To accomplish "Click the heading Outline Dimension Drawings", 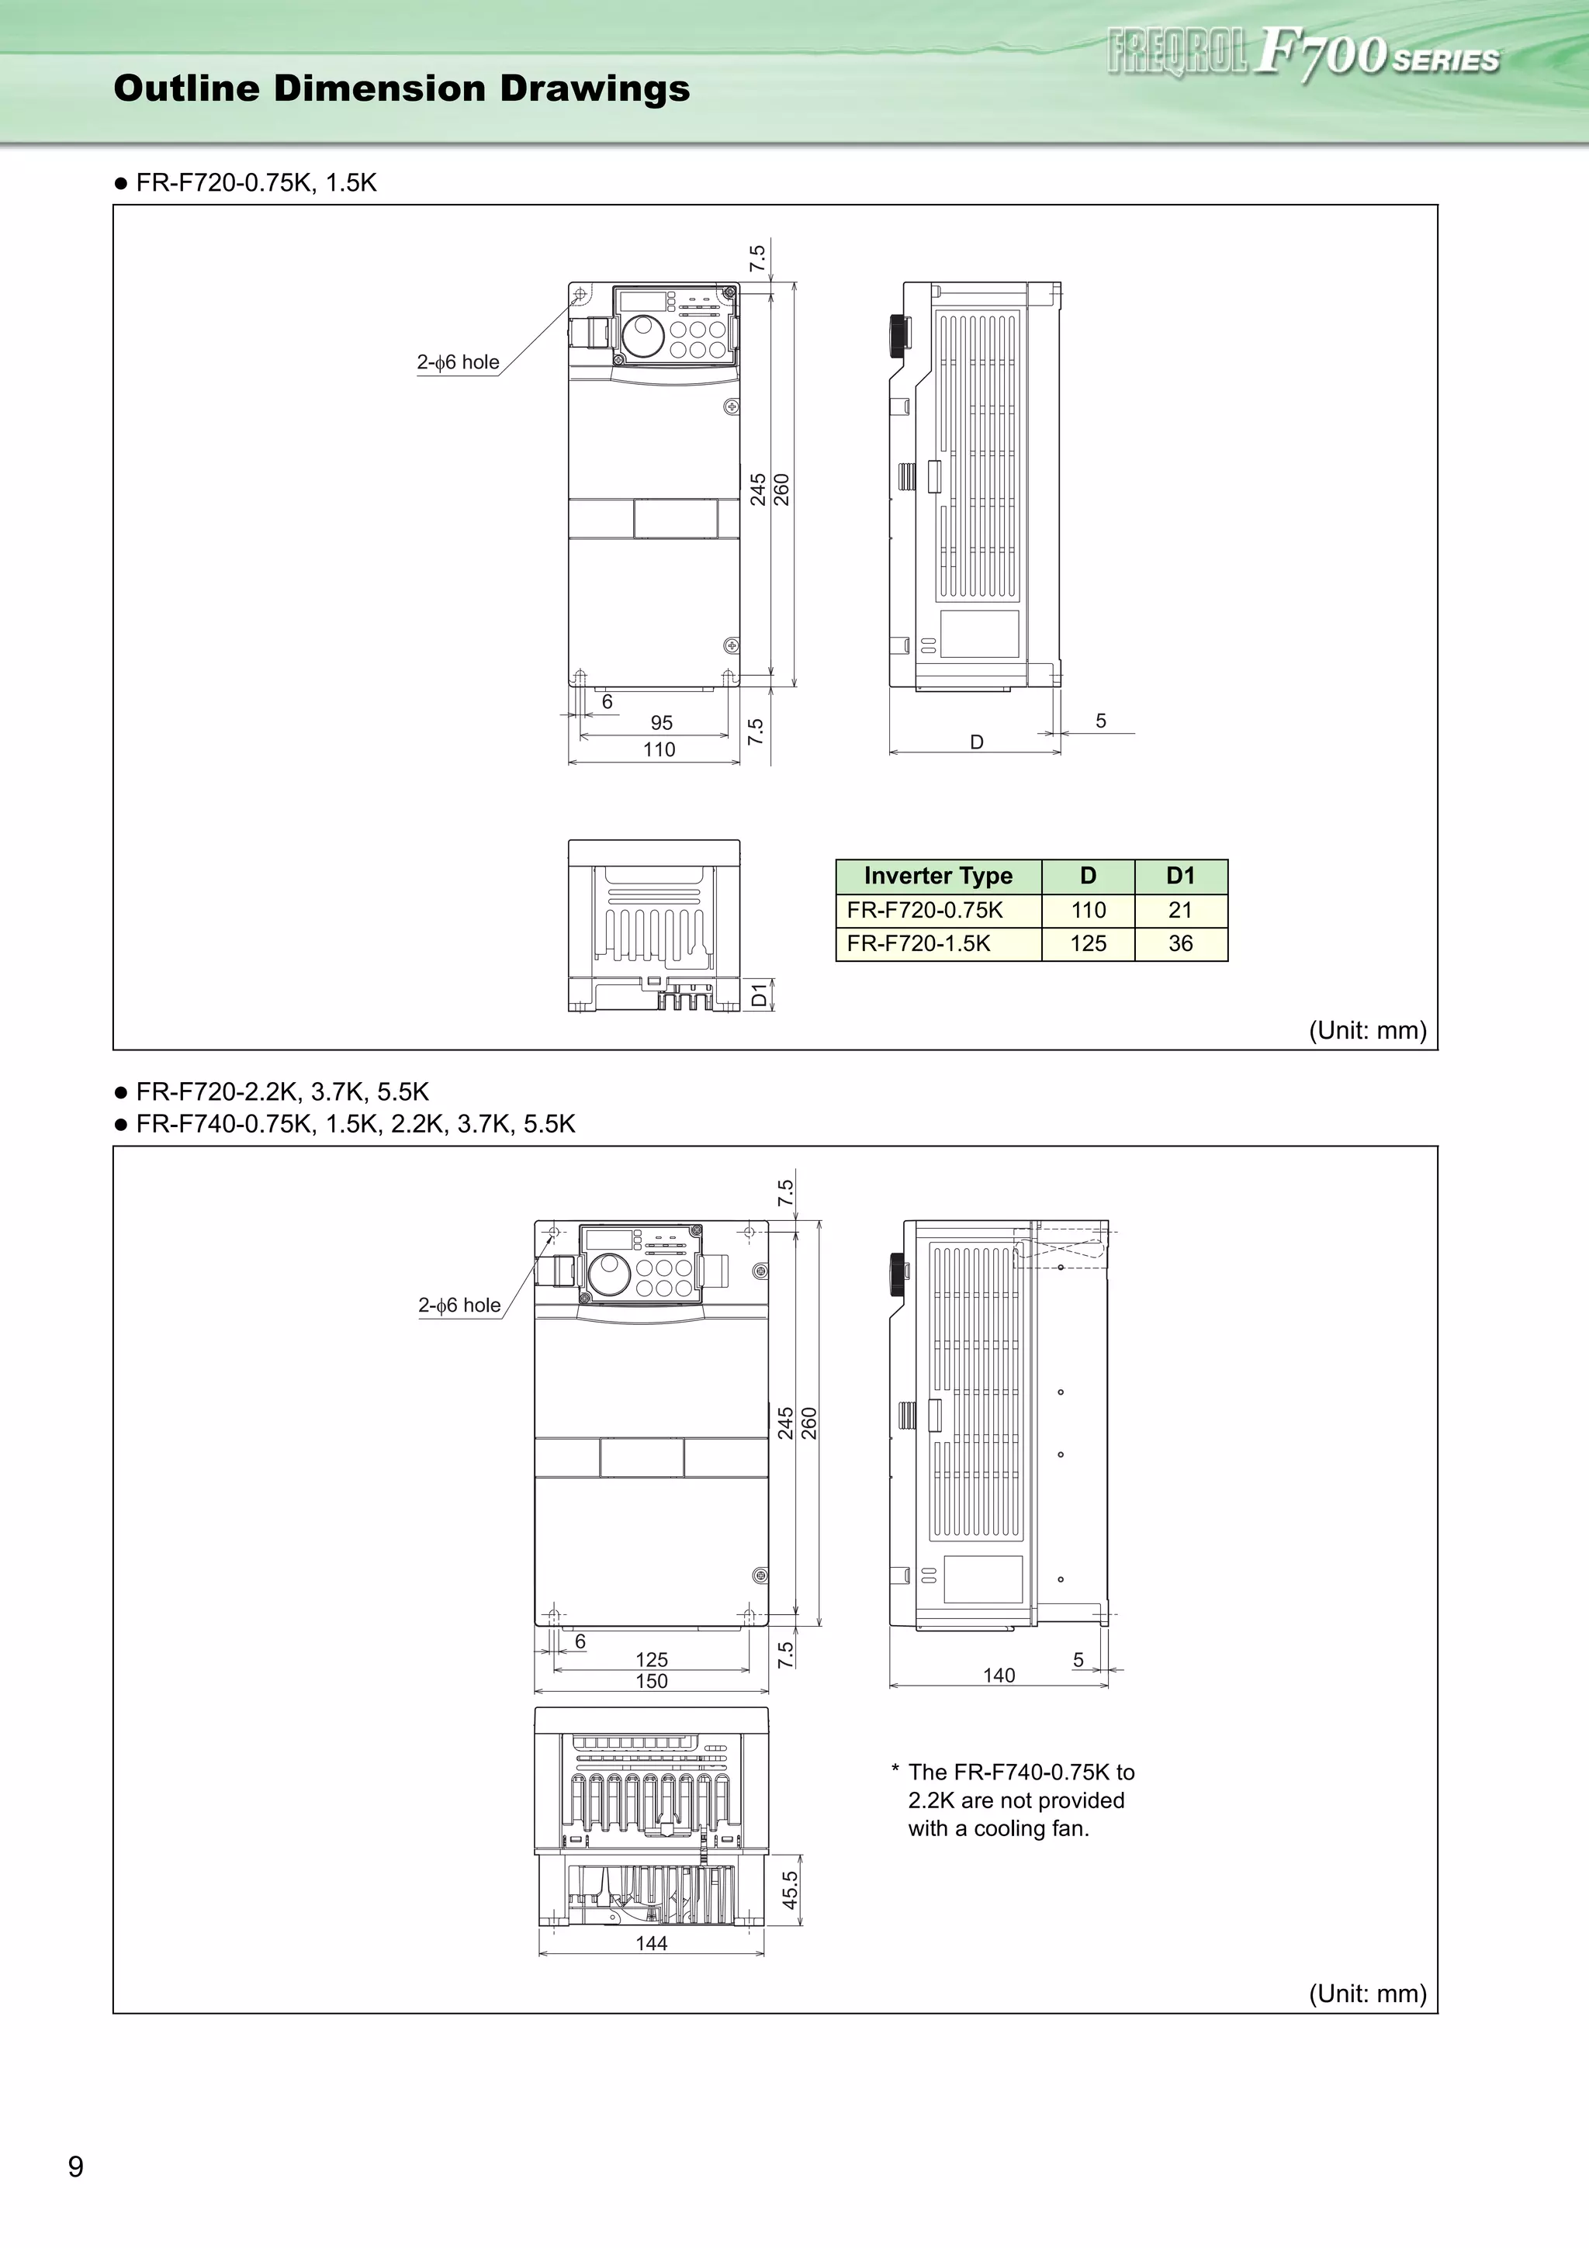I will tap(401, 88).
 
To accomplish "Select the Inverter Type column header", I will tap(938, 877).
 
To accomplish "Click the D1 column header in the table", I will tap(1181, 877).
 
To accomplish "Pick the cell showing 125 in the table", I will tap(1088, 944).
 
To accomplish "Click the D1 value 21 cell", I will tap(1181, 911).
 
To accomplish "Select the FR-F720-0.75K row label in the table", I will tap(924, 911).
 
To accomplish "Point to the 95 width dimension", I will tap(662, 723).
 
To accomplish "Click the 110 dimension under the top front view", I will tap(659, 750).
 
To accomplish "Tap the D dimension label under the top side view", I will tap(976, 742).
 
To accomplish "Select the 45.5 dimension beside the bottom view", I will tap(790, 1890).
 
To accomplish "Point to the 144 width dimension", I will tap(651, 1943).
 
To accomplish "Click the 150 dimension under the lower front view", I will tap(651, 1681).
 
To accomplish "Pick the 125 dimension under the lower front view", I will tap(651, 1659).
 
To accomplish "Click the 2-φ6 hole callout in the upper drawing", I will tap(459, 362).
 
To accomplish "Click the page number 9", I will tap(75, 2167).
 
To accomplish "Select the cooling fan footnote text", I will tap(1018, 1800).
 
